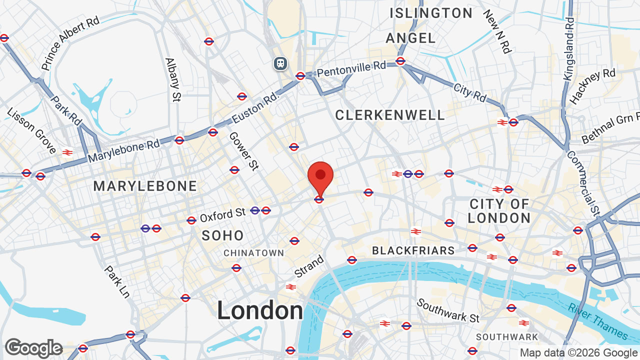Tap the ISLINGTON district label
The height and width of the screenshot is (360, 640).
[431, 13]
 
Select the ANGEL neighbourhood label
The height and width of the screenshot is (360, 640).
[411, 38]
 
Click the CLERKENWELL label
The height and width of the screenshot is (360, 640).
[390, 115]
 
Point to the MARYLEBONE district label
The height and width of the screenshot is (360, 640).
[145, 186]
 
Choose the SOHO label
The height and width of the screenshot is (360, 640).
[223, 235]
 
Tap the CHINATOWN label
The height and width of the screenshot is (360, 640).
[253, 253]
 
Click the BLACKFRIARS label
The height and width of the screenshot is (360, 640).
[413, 250]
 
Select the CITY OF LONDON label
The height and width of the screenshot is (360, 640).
[499, 211]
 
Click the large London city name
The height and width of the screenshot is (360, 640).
[260, 310]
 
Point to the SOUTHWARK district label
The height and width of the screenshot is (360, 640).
[507, 337]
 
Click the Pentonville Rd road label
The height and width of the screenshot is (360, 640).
[351, 70]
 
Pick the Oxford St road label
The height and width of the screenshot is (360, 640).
[222, 215]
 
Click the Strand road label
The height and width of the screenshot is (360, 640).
[309, 267]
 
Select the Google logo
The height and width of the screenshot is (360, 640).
[33, 348]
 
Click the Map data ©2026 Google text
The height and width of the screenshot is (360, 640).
[579, 352]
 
